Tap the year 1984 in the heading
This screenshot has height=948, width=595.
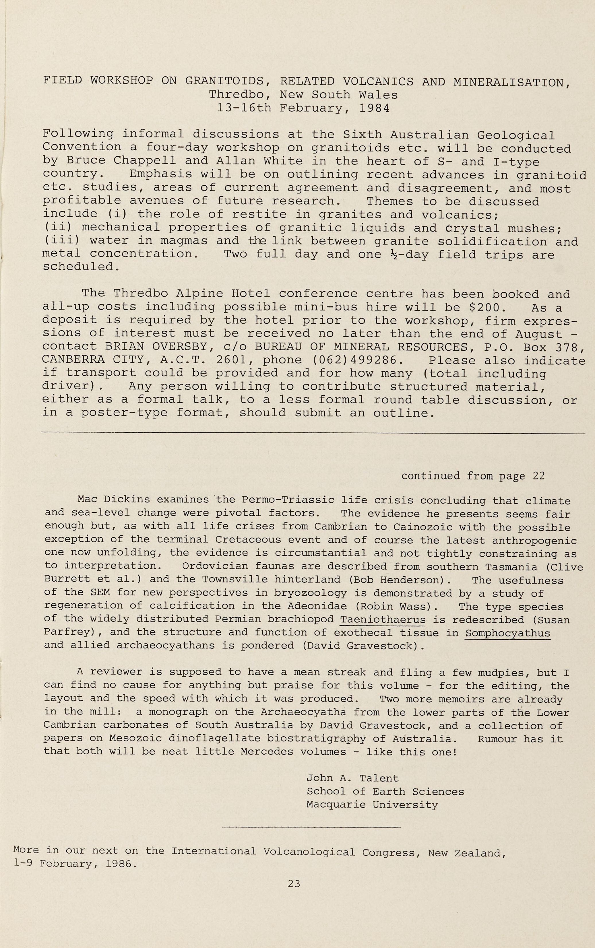374,108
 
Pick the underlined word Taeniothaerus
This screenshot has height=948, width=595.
383,619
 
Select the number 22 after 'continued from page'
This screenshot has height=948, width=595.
539,476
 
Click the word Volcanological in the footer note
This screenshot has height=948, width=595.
309,852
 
